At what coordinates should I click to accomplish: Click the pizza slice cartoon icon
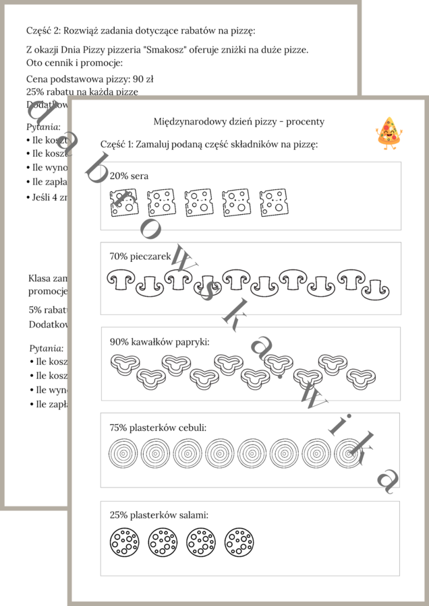point(387,131)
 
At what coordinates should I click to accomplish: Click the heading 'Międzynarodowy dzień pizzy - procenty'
point(239,121)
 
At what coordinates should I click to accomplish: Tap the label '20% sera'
point(129,176)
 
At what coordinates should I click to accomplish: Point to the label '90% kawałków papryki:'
point(160,341)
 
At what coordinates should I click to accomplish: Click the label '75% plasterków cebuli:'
point(158,427)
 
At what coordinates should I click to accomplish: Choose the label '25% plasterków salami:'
point(159,515)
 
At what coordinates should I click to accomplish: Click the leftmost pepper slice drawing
point(124,366)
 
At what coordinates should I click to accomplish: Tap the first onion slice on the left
point(122,454)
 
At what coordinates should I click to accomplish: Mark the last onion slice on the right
point(349,454)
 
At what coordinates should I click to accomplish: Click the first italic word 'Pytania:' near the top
point(44,126)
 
